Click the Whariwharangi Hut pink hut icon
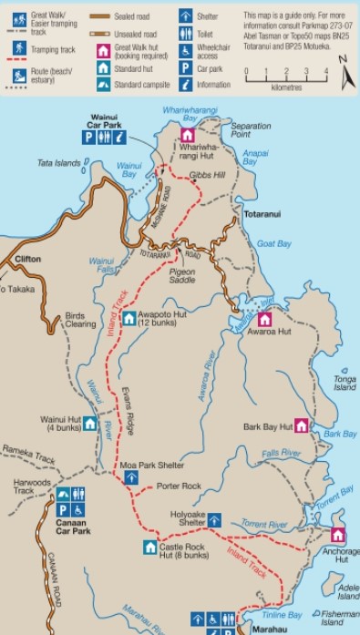pyautogui.click(x=187, y=135)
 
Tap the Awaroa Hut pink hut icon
pyautogui.click(x=264, y=319)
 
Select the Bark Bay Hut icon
pyautogui.click(x=301, y=425)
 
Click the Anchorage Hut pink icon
pyautogui.click(x=338, y=535)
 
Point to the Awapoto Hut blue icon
pyautogui.click(x=129, y=319)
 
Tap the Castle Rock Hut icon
pyautogui.click(x=150, y=547)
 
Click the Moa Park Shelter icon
pyautogui.click(x=130, y=476)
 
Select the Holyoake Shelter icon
pyautogui.click(x=213, y=520)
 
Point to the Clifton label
pyautogui.click(x=27, y=260)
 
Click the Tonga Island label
pyautogui.click(x=344, y=383)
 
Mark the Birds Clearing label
pyautogui.click(x=80, y=320)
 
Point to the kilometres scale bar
pyautogui.click(x=286, y=78)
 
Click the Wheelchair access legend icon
pyautogui.click(x=185, y=47)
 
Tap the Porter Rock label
pyautogui.click(x=178, y=486)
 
